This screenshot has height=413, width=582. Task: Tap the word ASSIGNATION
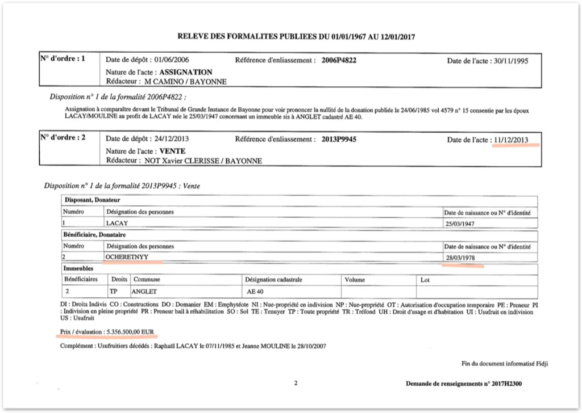pos(186,73)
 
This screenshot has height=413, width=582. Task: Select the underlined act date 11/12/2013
pos(511,140)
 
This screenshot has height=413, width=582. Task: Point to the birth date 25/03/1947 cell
pos(461,223)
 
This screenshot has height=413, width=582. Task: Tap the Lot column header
pos(425,280)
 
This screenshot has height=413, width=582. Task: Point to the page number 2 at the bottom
pos(296,383)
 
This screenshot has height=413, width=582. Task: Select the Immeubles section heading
pos(78,268)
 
